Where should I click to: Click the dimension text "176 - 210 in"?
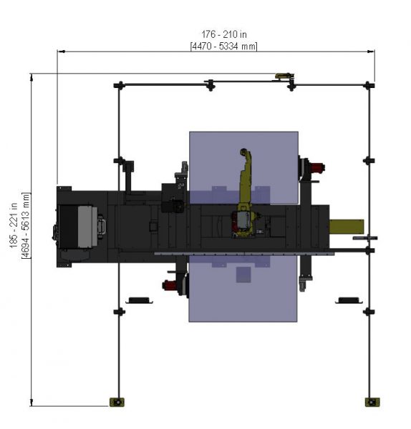[x=224, y=34]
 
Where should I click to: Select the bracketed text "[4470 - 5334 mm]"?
[x=224, y=46]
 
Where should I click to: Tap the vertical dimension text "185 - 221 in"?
[x=14, y=225]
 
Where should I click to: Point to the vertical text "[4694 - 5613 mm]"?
[x=26, y=225]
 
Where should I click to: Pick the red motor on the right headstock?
[x=317, y=167]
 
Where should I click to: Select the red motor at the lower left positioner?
[x=169, y=285]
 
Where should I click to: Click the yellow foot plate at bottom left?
[x=117, y=402]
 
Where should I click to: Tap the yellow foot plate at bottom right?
[x=372, y=402]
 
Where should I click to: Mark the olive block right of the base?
[x=347, y=226]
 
